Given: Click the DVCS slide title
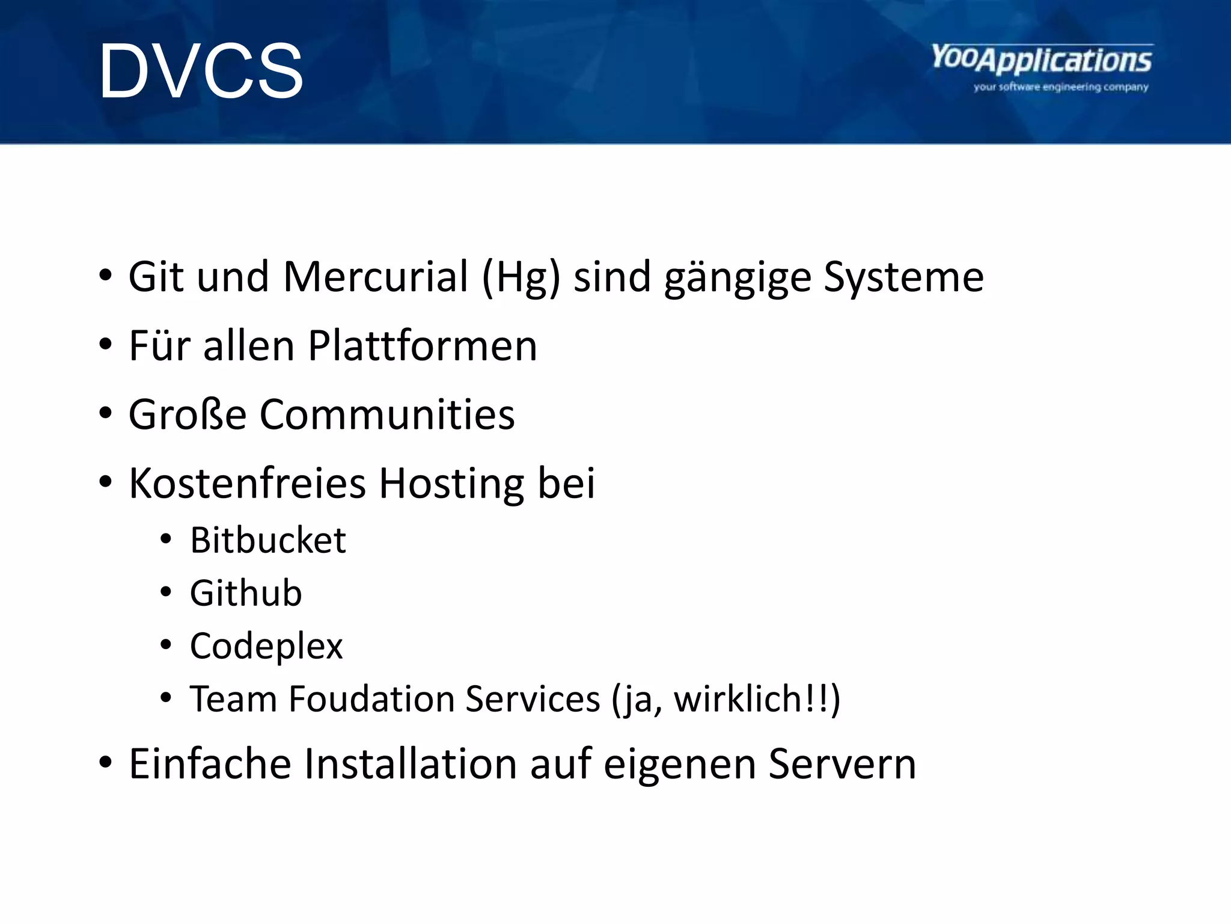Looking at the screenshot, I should coord(201,71).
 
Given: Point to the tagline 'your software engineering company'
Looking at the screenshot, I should coord(1060,87).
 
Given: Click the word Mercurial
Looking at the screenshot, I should coord(375,277).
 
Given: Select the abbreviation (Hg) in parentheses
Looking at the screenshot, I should coord(521,278).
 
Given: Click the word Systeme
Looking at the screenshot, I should coord(903,278).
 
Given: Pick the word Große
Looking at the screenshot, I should coord(188,414).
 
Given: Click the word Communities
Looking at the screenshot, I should coord(387,414).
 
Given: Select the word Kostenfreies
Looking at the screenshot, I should coord(247,483).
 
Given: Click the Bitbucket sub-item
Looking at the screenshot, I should coord(267,540).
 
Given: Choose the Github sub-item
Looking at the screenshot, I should coord(246,593).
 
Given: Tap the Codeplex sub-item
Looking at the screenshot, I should coord(266,647).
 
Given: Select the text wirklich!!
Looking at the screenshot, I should coord(750,699).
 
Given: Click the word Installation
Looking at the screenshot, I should coord(410,764).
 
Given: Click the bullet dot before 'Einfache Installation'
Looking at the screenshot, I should coord(106,763).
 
